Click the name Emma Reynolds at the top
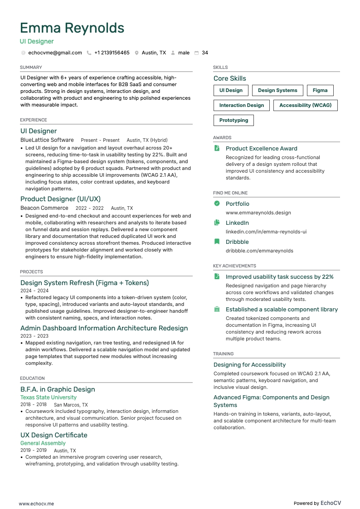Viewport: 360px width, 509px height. click(x=72, y=28)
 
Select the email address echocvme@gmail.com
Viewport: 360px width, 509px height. click(x=55, y=53)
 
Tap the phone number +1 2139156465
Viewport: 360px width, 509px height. click(x=112, y=53)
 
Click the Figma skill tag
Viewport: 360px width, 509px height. click(x=320, y=90)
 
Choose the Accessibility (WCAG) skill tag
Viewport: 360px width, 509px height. click(x=305, y=105)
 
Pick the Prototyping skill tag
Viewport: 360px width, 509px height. click(x=234, y=120)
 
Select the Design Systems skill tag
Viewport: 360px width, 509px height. click(x=277, y=90)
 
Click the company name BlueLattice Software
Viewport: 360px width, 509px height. click(x=47, y=140)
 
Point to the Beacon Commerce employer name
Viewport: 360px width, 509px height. click(x=44, y=208)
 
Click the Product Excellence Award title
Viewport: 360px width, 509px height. click(x=261, y=148)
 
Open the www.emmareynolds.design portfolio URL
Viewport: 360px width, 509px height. click(x=258, y=213)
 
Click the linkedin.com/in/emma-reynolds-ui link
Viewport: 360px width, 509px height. click(x=266, y=232)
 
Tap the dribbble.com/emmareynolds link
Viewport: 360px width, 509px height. click(x=259, y=251)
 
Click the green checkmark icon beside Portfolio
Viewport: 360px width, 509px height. click(x=217, y=204)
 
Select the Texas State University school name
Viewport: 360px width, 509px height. click(x=49, y=398)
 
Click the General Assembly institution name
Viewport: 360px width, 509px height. click(x=43, y=443)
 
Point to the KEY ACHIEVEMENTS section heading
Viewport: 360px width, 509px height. click(x=234, y=266)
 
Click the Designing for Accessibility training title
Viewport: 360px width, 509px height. click(x=249, y=364)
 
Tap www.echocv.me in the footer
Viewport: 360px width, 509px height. click(x=36, y=503)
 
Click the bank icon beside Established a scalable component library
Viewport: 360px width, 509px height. click(x=217, y=309)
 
